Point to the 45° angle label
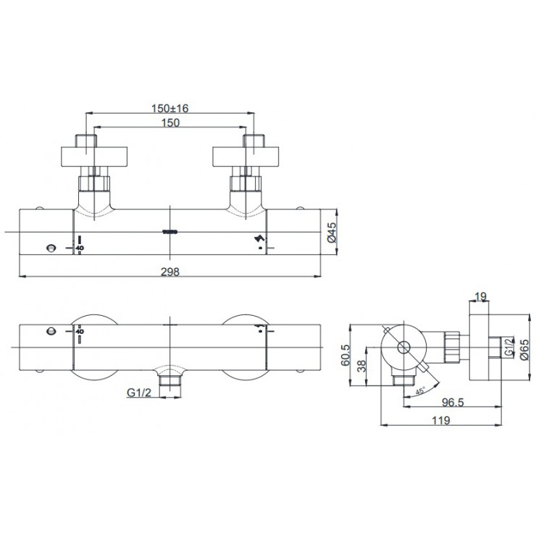coord(418,391)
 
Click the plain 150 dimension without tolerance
coord(169,122)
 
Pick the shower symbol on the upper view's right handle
coord(259,241)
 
